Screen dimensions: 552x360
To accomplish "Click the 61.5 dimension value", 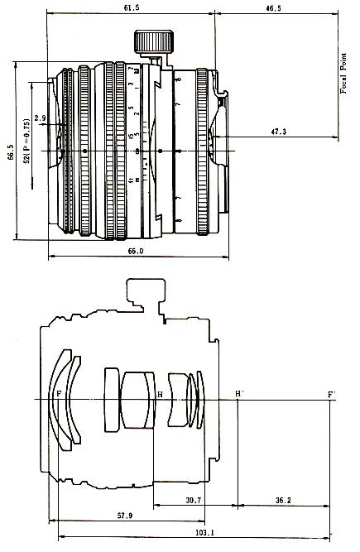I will pos(132,7).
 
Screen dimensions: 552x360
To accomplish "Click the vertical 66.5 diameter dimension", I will pos(10,153).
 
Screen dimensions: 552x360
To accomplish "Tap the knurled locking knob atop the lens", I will pos(154,40).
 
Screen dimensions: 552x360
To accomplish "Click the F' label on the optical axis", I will pos(331,393).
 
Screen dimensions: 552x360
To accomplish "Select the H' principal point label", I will pos(239,393).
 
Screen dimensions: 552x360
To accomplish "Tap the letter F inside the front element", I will pos(58,394).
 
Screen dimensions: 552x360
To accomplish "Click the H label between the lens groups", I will pos(160,394).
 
